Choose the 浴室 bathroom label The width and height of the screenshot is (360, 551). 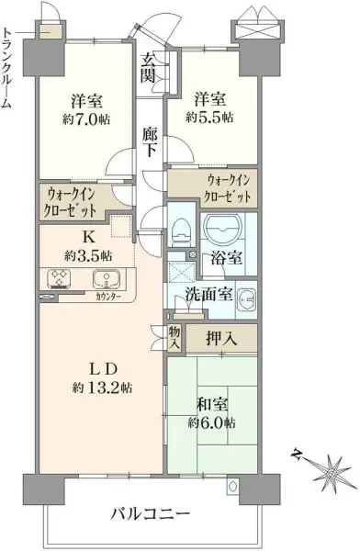coord(229,259)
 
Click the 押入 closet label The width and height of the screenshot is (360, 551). coord(222,338)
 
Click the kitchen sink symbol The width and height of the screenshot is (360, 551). coord(106,278)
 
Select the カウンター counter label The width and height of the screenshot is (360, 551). coord(107,297)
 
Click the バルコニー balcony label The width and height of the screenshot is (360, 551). coord(152,512)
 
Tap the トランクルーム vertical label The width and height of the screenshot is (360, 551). coord(7,64)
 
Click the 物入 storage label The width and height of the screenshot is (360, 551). coord(173,338)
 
